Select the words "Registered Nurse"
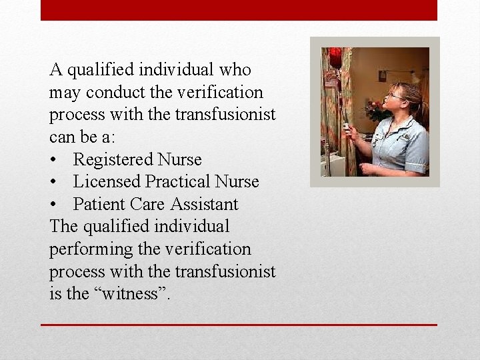(x=137, y=160)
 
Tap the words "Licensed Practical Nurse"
(x=166, y=182)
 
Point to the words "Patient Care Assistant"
(x=155, y=204)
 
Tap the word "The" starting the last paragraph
(x=63, y=227)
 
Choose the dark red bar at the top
(x=239, y=10)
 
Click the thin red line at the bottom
(x=239, y=325)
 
